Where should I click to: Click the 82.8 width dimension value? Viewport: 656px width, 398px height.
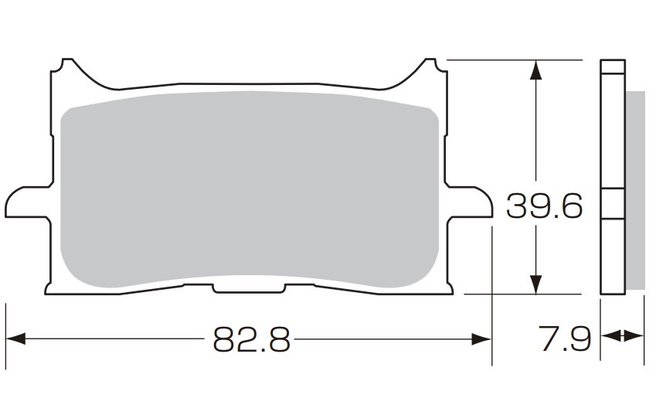click(x=252, y=339)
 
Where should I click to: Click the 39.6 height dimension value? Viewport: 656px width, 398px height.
click(x=544, y=206)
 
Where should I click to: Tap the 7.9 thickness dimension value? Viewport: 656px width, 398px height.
click(x=564, y=338)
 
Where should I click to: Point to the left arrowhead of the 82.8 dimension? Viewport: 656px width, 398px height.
click(x=16, y=339)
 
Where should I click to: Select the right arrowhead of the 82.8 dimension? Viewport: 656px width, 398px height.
click(x=481, y=339)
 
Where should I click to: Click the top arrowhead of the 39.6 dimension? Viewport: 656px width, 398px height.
click(x=536, y=70)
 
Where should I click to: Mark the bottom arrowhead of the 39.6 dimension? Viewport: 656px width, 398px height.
click(x=536, y=284)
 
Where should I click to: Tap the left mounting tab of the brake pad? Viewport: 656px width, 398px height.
click(x=28, y=202)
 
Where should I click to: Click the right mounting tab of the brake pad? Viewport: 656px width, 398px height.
click(x=468, y=202)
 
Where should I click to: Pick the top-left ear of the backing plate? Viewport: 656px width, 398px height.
click(x=67, y=67)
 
